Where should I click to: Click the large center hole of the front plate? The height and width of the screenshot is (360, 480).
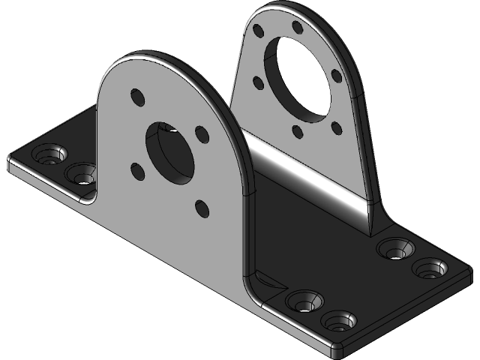point(171,151)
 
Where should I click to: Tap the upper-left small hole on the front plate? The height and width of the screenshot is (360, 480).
point(136,97)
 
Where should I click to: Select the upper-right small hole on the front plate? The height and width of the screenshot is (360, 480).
point(201,133)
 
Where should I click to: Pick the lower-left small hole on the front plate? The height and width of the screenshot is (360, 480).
point(136,171)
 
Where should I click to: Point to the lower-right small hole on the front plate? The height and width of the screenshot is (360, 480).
point(201,206)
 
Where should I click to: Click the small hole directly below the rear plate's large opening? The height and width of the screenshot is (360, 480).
point(298,132)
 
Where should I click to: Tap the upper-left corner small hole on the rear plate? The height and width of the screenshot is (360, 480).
point(259,31)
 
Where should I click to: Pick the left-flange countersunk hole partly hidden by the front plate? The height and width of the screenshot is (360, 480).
point(81,175)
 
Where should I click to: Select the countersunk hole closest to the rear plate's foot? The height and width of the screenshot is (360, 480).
point(396,247)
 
